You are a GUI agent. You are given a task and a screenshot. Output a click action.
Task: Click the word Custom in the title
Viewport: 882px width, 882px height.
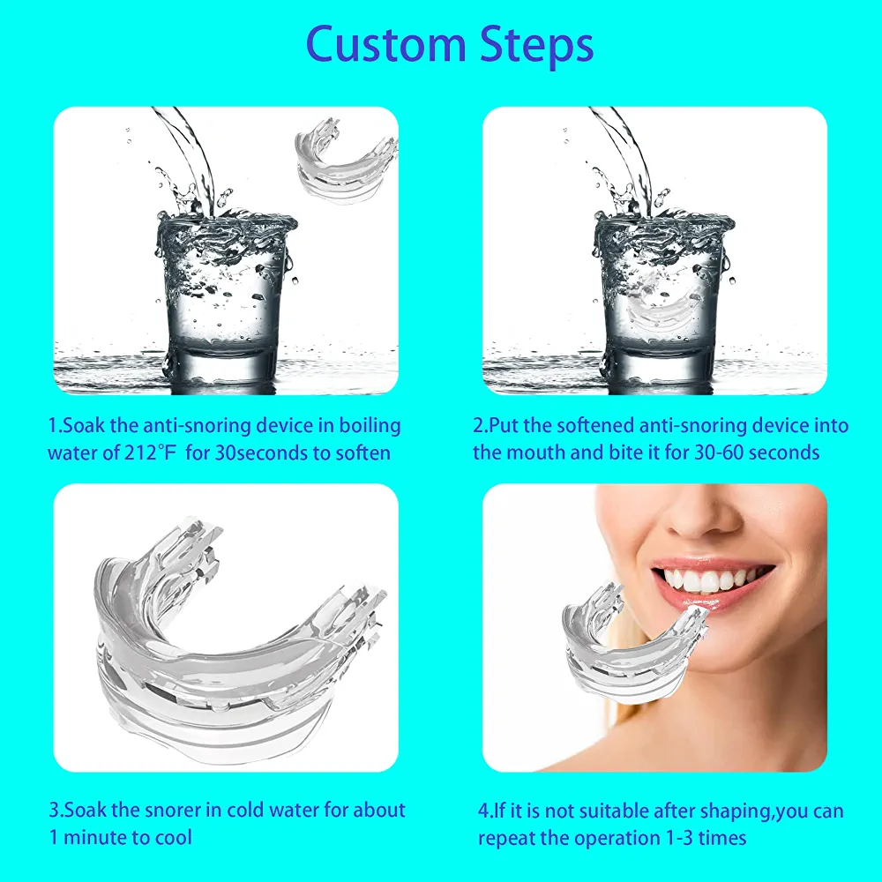[386, 44]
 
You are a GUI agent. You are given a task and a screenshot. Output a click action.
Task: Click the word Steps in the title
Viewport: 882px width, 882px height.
[537, 46]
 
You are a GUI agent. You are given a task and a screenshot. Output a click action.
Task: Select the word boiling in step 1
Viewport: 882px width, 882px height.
[370, 426]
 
